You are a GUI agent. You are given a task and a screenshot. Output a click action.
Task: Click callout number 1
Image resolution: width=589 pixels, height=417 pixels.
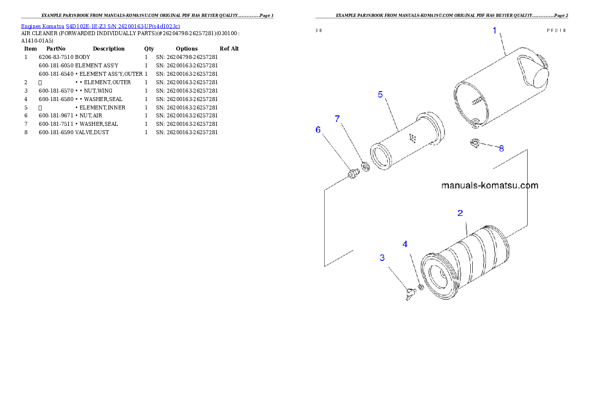coord(494,31)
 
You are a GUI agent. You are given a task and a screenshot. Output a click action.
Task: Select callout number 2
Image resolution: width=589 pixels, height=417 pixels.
coord(460,213)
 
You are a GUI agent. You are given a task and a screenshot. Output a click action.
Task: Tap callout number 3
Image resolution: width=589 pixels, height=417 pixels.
coord(382,258)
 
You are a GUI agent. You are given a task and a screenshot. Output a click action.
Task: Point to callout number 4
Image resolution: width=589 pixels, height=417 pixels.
coord(405,244)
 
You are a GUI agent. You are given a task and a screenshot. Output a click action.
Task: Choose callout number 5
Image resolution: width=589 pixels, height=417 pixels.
coord(380,94)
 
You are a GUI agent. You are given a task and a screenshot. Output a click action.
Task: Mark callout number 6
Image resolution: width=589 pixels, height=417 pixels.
coord(318,129)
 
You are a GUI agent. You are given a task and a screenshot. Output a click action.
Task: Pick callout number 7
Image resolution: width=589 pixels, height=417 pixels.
coord(338,119)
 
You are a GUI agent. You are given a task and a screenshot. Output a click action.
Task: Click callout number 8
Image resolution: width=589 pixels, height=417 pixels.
coord(501,148)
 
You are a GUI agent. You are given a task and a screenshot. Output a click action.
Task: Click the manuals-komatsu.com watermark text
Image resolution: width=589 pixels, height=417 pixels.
coord(489,186)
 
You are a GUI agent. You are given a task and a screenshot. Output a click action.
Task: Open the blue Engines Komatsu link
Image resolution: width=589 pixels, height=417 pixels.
coord(100,26)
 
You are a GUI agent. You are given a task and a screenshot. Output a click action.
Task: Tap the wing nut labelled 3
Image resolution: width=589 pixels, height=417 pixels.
coord(409,296)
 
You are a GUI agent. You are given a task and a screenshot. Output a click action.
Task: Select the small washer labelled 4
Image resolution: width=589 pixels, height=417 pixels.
coord(421,286)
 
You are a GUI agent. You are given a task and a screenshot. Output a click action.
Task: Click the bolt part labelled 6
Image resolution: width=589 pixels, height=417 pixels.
coord(352,174)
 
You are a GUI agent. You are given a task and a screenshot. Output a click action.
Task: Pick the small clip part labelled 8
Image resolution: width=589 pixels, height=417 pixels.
coord(475,143)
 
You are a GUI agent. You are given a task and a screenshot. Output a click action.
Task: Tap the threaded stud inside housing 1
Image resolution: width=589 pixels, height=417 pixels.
coord(476,101)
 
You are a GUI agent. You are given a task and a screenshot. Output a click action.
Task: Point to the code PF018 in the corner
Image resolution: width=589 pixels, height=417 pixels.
coord(556,30)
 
